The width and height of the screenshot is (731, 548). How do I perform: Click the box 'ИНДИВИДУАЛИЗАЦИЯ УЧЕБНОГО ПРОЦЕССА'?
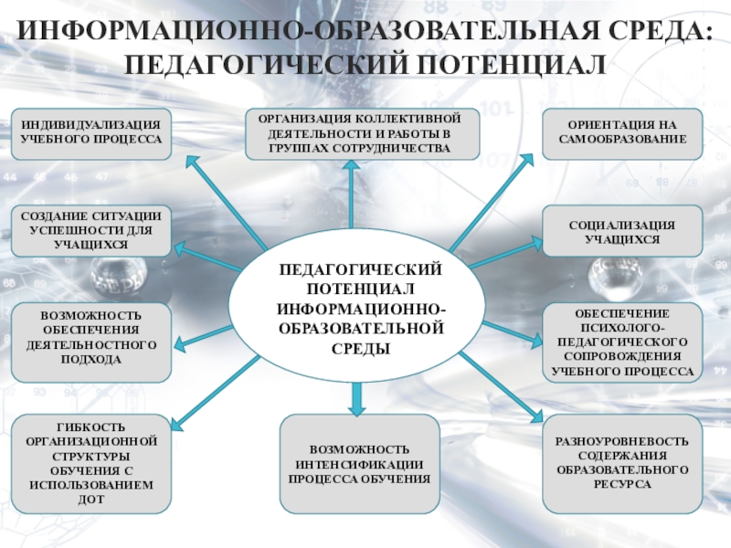(91, 133)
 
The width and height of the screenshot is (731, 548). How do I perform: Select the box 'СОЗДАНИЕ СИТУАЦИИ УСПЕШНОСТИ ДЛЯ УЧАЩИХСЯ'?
(91, 230)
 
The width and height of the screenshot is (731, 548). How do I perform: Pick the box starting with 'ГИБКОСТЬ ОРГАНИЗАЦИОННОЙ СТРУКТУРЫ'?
(91, 463)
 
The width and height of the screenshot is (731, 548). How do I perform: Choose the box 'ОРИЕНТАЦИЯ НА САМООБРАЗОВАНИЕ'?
(622, 133)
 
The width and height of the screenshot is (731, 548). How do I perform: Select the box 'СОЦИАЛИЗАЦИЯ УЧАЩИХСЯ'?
(622, 230)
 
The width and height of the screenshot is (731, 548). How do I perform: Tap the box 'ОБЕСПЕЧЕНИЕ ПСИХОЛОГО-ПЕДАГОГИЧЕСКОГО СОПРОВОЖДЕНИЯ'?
(622, 342)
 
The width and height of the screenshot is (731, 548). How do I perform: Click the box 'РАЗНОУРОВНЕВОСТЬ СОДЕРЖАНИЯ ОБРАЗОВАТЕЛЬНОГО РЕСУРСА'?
(622, 463)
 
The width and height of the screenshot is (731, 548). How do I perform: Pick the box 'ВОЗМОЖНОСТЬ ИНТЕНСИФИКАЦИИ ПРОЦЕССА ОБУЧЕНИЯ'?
(358, 463)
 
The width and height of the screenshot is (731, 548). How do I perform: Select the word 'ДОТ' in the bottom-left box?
(91, 500)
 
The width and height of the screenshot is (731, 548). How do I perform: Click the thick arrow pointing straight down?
(358, 395)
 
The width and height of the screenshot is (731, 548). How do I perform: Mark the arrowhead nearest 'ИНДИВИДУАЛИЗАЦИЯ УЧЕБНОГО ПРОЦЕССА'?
(191, 160)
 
